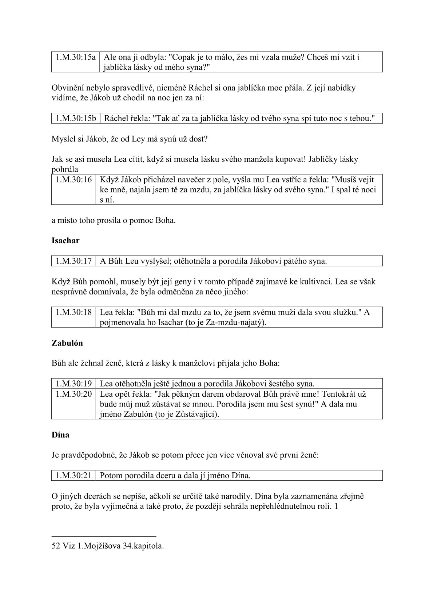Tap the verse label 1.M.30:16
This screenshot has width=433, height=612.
(74, 180)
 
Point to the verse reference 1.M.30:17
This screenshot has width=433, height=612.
(74, 261)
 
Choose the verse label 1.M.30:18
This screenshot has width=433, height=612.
(74, 312)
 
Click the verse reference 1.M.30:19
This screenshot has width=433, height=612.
(74, 383)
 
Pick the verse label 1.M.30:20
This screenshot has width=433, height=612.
(74, 394)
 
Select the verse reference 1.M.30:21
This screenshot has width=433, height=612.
(74, 475)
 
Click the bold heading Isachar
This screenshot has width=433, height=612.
(65, 240)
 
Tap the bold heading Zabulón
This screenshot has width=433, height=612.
(67, 343)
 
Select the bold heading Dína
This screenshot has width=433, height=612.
(60, 435)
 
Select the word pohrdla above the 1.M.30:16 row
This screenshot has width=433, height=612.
(65, 169)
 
